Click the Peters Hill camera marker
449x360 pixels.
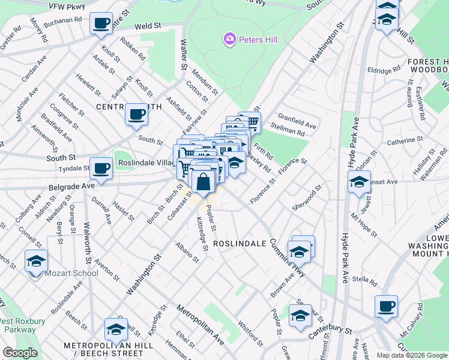pyautogui.click(x=229, y=40)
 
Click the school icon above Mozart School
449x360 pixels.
pyautogui.click(x=36, y=261)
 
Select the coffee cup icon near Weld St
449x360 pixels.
pyautogui.click(x=101, y=23)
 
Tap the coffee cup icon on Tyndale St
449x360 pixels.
pyautogui.click(x=101, y=169)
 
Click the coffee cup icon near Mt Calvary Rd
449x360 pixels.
pyautogui.click(x=386, y=306)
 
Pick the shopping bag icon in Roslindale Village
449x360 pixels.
pyautogui.click(x=203, y=181)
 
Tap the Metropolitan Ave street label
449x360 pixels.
pyautogui.click(x=200, y=325)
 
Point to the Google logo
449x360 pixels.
pyautogui.click(x=19, y=353)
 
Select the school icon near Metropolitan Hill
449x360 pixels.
pyautogui.click(x=116, y=329)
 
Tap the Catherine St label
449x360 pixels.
pyautogui.click(x=400, y=141)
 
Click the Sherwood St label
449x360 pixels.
pyautogui.click(x=312, y=196)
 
